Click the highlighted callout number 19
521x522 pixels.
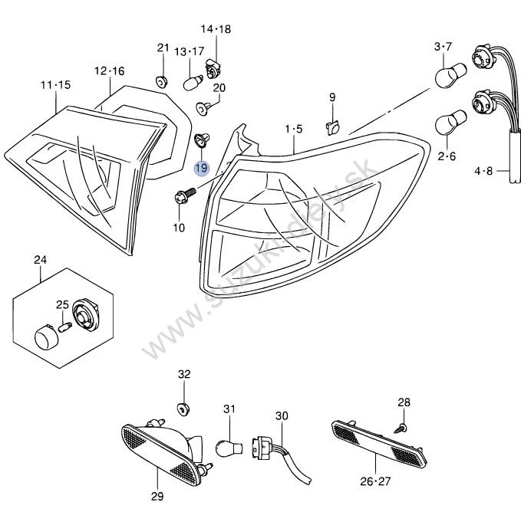[201, 168]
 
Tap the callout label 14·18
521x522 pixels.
[216, 29]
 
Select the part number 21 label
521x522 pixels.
[163, 48]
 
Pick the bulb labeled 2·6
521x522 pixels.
[448, 126]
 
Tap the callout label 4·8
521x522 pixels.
[484, 172]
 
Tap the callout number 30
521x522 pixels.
[282, 415]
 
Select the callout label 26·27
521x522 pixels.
[375, 481]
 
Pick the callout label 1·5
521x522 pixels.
[294, 128]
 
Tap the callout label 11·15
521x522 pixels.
[55, 84]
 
